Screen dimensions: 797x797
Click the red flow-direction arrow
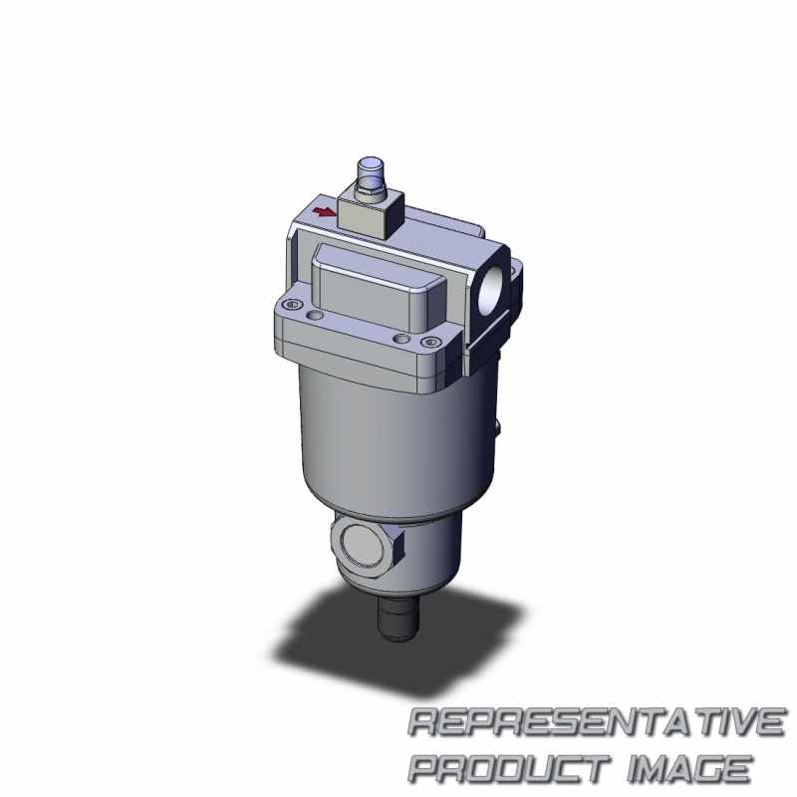point(323,211)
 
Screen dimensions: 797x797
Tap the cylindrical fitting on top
point(371,168)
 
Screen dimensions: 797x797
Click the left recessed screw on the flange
point(292,305)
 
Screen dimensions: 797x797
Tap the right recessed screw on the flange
point(431,342)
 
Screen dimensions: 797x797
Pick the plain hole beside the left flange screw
point(315,316)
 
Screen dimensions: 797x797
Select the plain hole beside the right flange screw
point(401,339)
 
